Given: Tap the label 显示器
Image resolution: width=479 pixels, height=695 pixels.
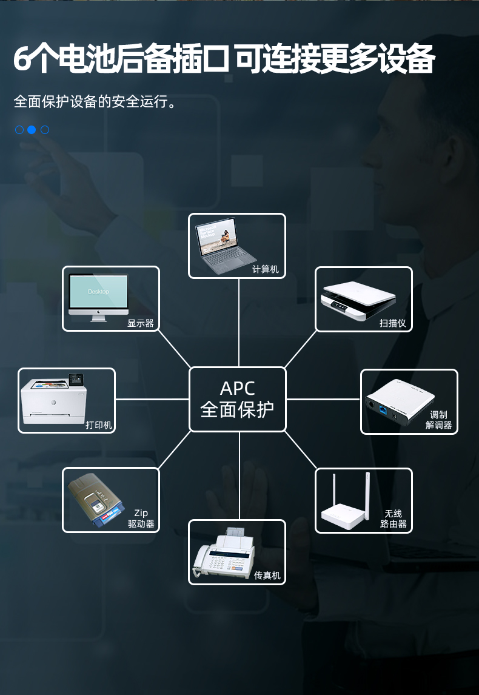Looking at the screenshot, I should click(141, 323).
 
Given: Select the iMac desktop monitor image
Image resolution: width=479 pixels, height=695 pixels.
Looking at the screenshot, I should click(98, 297).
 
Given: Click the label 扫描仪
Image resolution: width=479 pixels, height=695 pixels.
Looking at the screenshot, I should click(392, 323).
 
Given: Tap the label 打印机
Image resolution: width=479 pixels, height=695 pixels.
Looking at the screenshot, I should click(99, 425).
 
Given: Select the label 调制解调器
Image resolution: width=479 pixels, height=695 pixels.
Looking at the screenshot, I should click(438, 420).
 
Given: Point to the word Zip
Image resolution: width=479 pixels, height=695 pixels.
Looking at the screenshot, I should click(141, 513).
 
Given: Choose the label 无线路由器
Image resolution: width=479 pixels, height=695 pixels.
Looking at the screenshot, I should click(393, 519).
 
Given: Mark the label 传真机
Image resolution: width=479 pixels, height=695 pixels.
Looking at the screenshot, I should click(267, 575).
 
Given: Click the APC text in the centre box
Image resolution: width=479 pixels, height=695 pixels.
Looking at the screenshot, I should click(237, 388).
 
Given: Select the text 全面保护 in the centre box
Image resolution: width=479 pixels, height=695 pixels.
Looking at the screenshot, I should click(237, 409).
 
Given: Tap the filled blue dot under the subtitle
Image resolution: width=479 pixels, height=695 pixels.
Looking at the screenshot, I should click(32, 129).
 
